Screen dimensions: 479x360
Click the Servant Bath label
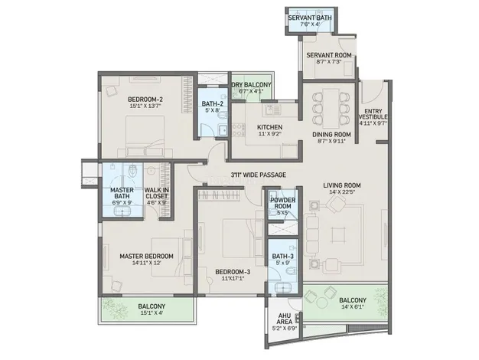(x=310, y=18)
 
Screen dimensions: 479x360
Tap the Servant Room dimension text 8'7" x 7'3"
(x=328, y=61)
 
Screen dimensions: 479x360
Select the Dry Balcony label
(x=252, y=85)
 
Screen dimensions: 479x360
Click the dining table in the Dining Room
(x=331, y=108)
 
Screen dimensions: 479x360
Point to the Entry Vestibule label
(x=373, y=114)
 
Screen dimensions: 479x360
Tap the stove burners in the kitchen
(x=238, y=129)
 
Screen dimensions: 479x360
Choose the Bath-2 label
(x=213, y=103)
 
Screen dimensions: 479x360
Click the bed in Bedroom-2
(x=145, y=136)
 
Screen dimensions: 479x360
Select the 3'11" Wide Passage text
(x=259, y=175)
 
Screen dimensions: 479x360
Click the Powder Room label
(x=282, y=203)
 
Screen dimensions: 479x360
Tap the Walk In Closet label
(x=156, y=193)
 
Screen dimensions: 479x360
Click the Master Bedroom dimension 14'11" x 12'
(x=147, y=263)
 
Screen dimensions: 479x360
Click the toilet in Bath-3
(x=292, y=271)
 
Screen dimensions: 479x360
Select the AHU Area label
(x=285, y=319)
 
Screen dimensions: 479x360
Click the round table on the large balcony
(x=321, y=303)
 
